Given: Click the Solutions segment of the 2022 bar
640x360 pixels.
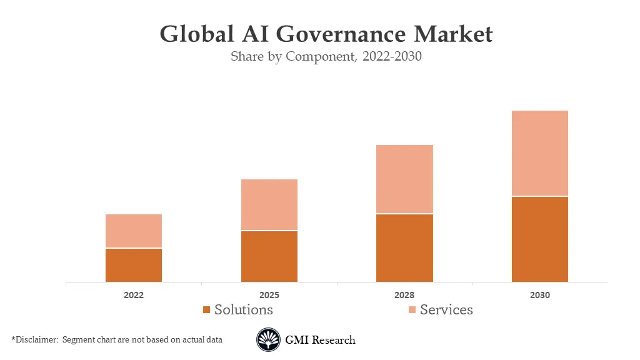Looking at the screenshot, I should coord(134,266).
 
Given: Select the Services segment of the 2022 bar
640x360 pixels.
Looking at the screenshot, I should coord(134,231).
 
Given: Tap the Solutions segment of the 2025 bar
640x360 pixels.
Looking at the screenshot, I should coord(269,257).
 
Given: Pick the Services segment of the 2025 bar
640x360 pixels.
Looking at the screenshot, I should coord(269,205).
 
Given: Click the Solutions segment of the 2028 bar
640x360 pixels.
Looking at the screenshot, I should coord(404,248).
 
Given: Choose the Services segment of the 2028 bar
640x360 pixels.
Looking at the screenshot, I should coord(404,179).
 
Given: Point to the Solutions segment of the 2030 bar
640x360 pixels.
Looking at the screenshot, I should coord(540,239).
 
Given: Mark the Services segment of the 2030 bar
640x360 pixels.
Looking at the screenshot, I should coord(540,153).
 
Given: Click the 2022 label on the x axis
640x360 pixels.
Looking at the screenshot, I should coord(134,295).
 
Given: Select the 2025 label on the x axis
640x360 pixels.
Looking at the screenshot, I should coord(269,295).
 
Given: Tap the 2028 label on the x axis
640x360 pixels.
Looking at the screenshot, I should coord(404,295).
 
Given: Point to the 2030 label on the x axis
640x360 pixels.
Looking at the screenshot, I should coord(540,295).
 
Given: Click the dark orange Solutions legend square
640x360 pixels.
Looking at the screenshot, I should coord(207,310).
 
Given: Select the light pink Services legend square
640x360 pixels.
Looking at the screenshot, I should coord(412,310).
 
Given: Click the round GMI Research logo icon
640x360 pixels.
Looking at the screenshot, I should coord(268,340).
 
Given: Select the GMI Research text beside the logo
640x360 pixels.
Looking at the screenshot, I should coord(320,340).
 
